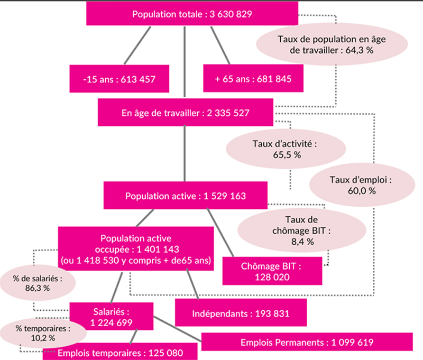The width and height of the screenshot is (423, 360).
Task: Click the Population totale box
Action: click(x=192, y=14)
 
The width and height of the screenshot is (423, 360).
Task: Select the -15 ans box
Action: click(x=119, y=79)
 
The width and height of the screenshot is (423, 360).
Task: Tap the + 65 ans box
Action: click(x=253, y=78)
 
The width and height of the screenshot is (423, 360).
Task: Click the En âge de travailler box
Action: click(x=186, y=112)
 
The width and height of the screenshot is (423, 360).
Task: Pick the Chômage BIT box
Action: click(x=272, y=271)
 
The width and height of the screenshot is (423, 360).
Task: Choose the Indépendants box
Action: click(x=241, y=312)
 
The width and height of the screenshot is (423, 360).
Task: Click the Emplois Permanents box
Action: click(x=307, y=342)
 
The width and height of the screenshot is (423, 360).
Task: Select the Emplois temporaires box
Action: click(x=120, y=352)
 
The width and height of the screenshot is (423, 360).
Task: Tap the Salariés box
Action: click(x=112, y=316)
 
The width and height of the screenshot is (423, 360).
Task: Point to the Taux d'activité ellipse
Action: click(x=286, y=149)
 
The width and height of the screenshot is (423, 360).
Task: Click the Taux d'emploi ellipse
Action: click(x=362, y=185)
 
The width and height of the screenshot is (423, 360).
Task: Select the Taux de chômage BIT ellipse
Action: click(x=301, y=230)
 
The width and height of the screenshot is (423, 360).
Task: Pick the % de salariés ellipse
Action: click(x=38, y=283)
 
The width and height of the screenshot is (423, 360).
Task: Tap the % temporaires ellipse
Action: click(x=43, y=333)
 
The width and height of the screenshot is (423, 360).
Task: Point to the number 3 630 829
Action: click(x=231, y=14)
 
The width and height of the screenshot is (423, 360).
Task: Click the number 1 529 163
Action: click(x=225, y=196)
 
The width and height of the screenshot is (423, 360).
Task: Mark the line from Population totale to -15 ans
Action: click(x=137, y=45)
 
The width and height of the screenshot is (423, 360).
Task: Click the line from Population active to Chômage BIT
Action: click(x=220, y=233)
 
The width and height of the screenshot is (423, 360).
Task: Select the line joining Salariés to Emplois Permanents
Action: click(x=177, y=329)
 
